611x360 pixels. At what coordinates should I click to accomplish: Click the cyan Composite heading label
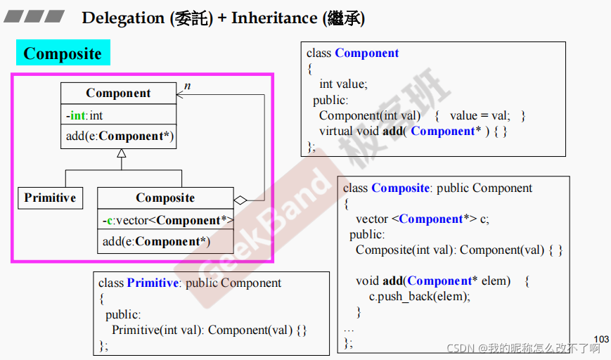pyautogui.click(x=63, y=53)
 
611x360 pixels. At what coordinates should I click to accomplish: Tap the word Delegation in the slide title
pyautogui.click(x=123, y=18)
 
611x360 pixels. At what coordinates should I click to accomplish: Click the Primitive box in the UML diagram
pyautogui.click(x=50, y=198)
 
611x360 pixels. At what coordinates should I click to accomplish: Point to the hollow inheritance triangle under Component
pyautogui.click(x=122, y=154)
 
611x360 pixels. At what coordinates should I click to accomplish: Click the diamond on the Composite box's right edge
pyautogui.click(x=240, y=200)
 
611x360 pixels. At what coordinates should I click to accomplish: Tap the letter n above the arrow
pyautogui.click(x=187, y=86)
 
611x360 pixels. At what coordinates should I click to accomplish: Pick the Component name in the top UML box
pyautogui.click(x=118, y=94)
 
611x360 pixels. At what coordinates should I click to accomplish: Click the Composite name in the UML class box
pyautogui.click(x=165, y=198)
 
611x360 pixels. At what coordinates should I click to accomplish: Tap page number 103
pyautogui.click(x=601, y=339)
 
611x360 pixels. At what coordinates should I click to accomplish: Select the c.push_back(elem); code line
pyautogui.click(x=420, y=296)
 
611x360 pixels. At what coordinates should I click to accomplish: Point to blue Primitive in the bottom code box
pyautogui.click(x=153, y=283)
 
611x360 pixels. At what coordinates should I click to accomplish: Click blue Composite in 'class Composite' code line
pyautogui.click(x=400, y=188)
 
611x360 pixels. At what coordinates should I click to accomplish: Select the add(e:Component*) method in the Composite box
pyautogui.click(x=156, y=241)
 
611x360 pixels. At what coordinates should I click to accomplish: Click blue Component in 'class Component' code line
pyautogui.click(x=366, y=53)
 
